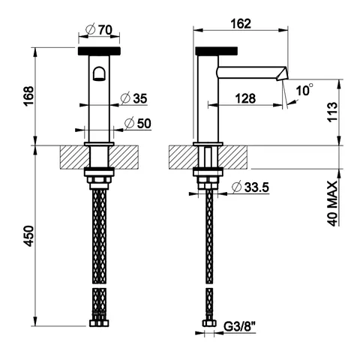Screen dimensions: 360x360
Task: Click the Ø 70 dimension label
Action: (99, 30)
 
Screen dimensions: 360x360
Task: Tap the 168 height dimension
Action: (28, 96)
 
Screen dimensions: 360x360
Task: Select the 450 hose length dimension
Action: (28, 236)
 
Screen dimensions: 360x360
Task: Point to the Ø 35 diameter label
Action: (133, 98)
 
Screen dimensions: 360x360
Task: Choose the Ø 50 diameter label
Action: (138, 123)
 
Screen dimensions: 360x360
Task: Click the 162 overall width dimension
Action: (241, 24)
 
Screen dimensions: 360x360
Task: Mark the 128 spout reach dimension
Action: (245, 98)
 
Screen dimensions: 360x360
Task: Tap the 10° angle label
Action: (304, 89)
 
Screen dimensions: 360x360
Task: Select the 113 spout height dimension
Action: (332, 112)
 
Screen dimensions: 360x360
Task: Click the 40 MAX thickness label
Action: (332, 204)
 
